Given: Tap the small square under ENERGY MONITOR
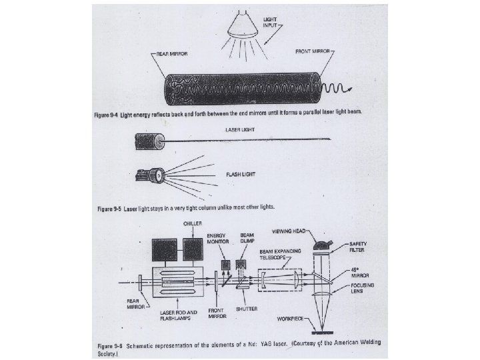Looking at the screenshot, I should coord(224,265).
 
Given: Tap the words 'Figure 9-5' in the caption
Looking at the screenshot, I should coord(109,209).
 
